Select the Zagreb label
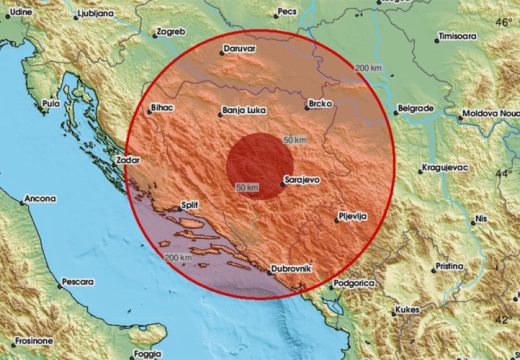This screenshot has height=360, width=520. [172, 31]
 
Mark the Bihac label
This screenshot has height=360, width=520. [165, 105]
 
